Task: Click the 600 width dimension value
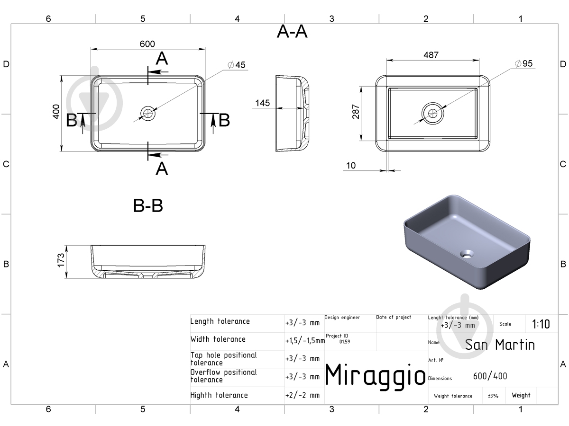[147, 44]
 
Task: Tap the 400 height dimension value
[56, 112]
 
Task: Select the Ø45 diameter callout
[237, 65]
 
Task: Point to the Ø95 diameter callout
[523, 63]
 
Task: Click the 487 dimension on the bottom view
[431, 55]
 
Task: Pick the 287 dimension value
[356, 112]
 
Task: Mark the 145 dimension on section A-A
[263, 103]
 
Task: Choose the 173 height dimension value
[61, 260]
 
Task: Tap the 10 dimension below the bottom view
[351, 166]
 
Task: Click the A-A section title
[292, 32]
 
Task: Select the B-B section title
[148, 205]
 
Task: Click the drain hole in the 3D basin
[467, 254]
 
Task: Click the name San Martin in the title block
[500, 345]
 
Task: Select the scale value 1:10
[541, 324]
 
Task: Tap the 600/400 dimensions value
[490, 376]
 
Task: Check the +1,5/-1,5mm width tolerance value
[305, 341]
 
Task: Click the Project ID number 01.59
[345, 342]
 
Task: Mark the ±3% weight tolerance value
[493, 396]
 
